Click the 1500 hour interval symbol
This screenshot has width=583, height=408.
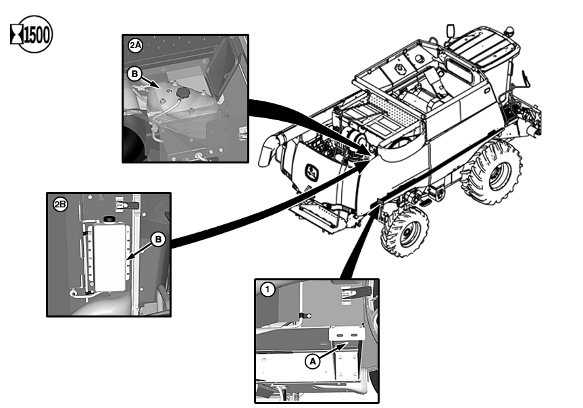[31, 34]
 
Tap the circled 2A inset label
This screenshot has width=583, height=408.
[135, 45]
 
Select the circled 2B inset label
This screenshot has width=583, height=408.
[60, 204]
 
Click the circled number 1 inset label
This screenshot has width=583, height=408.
[268, 289]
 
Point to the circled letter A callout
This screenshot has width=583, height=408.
[312, 361]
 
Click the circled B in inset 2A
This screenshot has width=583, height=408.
[134, 74]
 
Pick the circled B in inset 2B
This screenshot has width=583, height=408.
[158, 239]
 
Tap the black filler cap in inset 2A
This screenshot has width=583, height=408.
[182, 93]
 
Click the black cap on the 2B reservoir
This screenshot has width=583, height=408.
[109, 220]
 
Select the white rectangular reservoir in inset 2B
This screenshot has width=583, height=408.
[109, 257]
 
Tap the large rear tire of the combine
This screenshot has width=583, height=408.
[492, 172]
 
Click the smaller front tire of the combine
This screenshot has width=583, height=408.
[405, 231]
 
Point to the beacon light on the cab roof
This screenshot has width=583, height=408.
[509, 30]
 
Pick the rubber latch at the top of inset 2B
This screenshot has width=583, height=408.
[128, 205]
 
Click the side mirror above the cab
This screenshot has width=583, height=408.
[451, 31]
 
